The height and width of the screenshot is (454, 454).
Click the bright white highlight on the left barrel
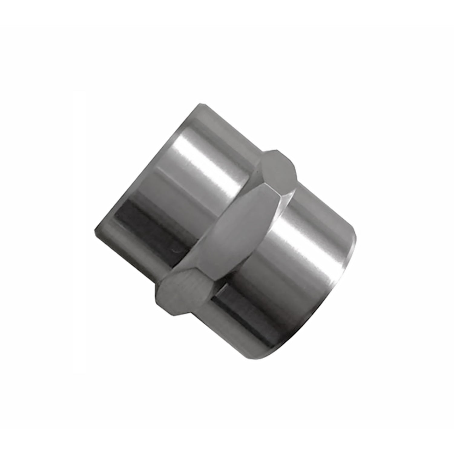point(212,169)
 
